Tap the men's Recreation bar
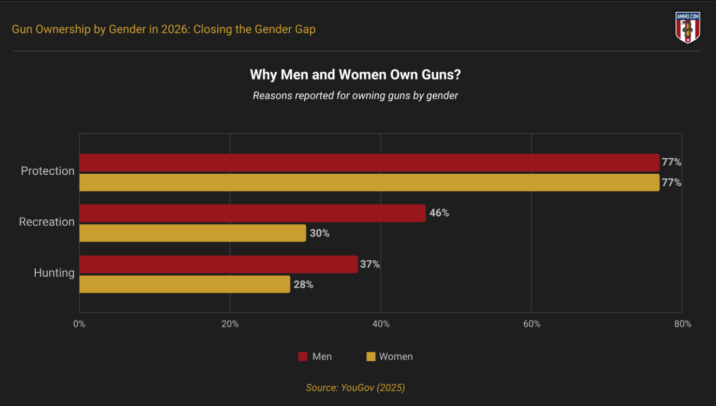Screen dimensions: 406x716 click(x=252, y=213)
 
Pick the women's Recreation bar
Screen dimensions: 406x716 click(x=193, y=233)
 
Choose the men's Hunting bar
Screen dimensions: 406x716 click(x=219, y=264)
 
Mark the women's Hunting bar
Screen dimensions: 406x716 click(x=185, y=284)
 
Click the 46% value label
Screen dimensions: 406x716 click(x=439, y=213)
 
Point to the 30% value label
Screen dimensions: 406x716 click(x=320, y=233)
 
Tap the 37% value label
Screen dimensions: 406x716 click(x=370, y=264)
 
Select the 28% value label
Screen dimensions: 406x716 click(x=303, y=284)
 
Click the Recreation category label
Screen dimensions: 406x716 click(x=47, y=222)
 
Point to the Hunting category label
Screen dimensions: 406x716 click(x=54, y=273)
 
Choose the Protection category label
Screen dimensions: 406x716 click(x=48, y=171)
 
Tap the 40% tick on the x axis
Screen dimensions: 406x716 click(x=381, y=324)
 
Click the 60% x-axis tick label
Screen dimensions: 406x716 click(x=532, y=324)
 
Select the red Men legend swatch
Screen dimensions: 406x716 click(x=303, y=357)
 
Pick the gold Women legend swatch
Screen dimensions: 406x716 click(x=371, y=357)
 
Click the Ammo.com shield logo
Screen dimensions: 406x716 click(x=688, y=27)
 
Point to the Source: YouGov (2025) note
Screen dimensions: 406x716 click(x=355, y=388)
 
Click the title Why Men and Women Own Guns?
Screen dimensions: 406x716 click(x=355, y=75)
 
